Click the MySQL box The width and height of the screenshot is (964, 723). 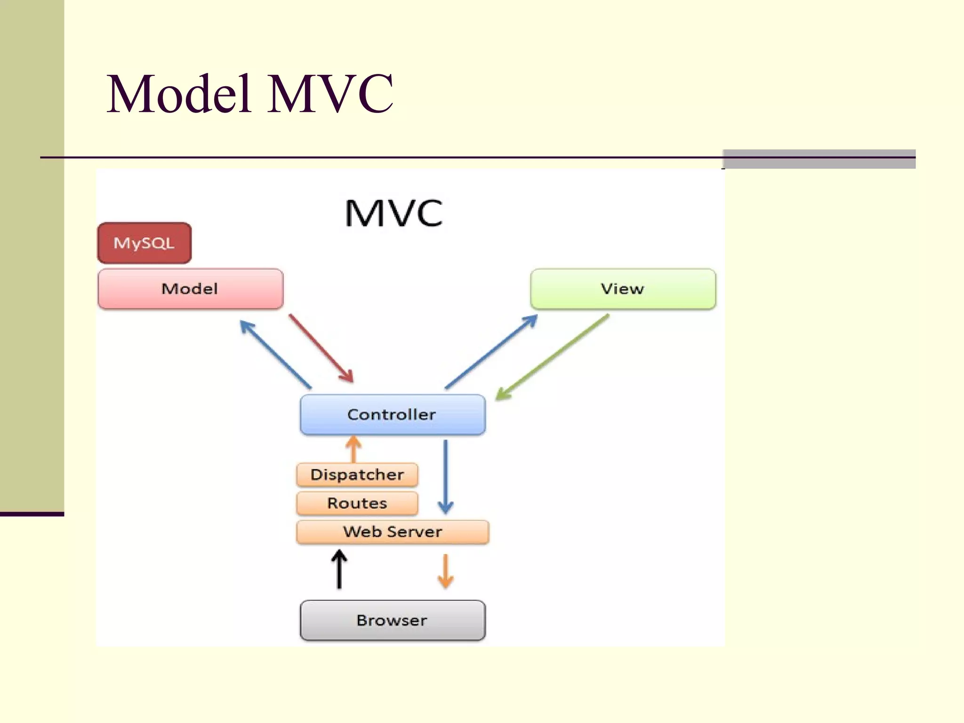[x=144, y=243]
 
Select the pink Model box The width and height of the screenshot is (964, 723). [x=190, y=289]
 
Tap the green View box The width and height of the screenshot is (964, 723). [x=623, y=289]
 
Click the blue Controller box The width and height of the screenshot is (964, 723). [x=392, y=414]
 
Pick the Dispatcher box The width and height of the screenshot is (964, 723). [x=357, y=474]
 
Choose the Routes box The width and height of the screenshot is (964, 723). [x=357, y=503]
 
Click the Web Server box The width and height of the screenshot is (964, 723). [x=392, y=532]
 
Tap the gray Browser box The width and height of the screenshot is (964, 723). [x=392, y=620]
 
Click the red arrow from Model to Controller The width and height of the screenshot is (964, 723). [x=321, y=348]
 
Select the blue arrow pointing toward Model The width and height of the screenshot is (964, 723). [x=275, y=354]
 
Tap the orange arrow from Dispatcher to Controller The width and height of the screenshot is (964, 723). [x=353, y=450]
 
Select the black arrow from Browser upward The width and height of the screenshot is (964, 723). [x=339, y=570]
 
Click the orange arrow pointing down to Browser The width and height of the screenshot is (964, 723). [x=445, y=571]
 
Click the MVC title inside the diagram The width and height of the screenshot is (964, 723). [x=394, y=213]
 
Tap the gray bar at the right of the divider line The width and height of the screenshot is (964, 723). [x=819, y=159]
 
